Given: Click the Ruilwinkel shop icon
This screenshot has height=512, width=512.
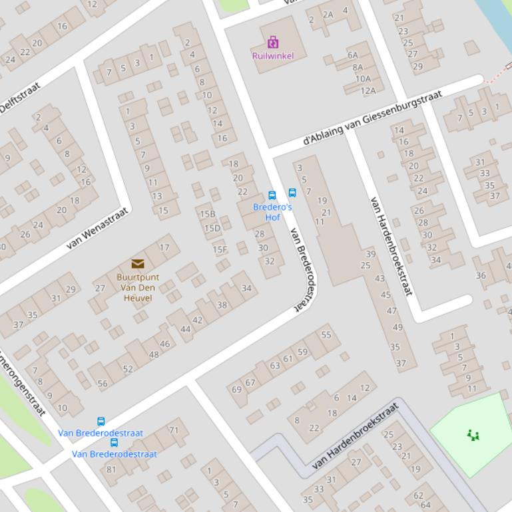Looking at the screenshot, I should click(x=273, y=43).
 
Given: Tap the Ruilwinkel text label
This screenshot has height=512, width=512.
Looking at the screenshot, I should click(x=273, y=56).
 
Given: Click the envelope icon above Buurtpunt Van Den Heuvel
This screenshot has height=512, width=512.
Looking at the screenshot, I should click(x=138, y=264).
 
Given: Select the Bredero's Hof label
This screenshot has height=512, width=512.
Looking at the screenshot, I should click(x=272, y=212).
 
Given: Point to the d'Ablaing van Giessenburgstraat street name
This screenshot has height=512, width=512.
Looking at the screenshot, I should click(x=372, y=118).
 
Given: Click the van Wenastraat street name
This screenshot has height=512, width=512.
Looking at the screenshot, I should click(x=97, y=227).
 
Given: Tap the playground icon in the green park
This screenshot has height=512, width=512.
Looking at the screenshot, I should click(x=473, y=436).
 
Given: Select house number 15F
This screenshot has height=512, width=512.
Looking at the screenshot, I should click(x=220, y=250).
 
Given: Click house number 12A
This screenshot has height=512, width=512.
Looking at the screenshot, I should click(x=368, y=90).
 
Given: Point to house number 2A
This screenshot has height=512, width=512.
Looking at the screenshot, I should click(x=328, y=15).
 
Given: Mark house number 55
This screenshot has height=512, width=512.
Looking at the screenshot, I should click(x=326, y=335).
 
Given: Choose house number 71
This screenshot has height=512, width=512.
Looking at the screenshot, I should click(x=174, y=430).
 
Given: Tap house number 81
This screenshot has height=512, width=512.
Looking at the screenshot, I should click(x=111, y=469).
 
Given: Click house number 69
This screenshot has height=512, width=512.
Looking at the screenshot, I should click(x=236, y=390).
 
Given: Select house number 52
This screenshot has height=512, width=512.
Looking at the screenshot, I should click(x=128, y=369).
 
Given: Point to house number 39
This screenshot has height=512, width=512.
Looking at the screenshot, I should click(x=371, y=253).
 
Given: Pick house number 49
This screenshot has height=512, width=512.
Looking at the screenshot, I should click(x=398, y=327).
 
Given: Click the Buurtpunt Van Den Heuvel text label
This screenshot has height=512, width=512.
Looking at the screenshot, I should click(x=138, y=288).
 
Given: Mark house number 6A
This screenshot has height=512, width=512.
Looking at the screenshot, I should click(x=353, y=55).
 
